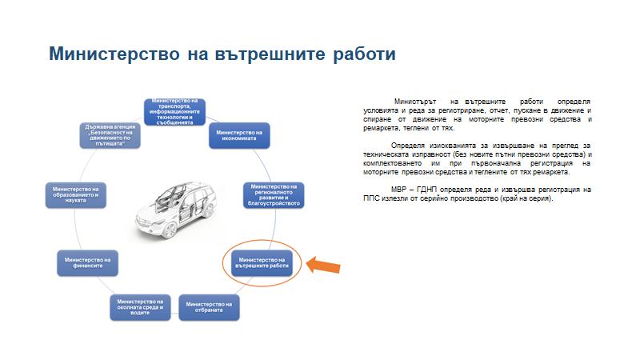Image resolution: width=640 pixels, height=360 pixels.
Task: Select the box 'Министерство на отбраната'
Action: (x=209, y=308)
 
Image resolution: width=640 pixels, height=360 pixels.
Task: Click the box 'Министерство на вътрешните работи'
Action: (x=262, y=263)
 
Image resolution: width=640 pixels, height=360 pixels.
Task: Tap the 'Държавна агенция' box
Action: (x=113, y=135)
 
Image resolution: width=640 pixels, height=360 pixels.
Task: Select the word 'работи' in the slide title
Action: (x=359, y=55)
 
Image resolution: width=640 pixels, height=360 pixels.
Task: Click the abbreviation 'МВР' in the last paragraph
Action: (x=400, y=190)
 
